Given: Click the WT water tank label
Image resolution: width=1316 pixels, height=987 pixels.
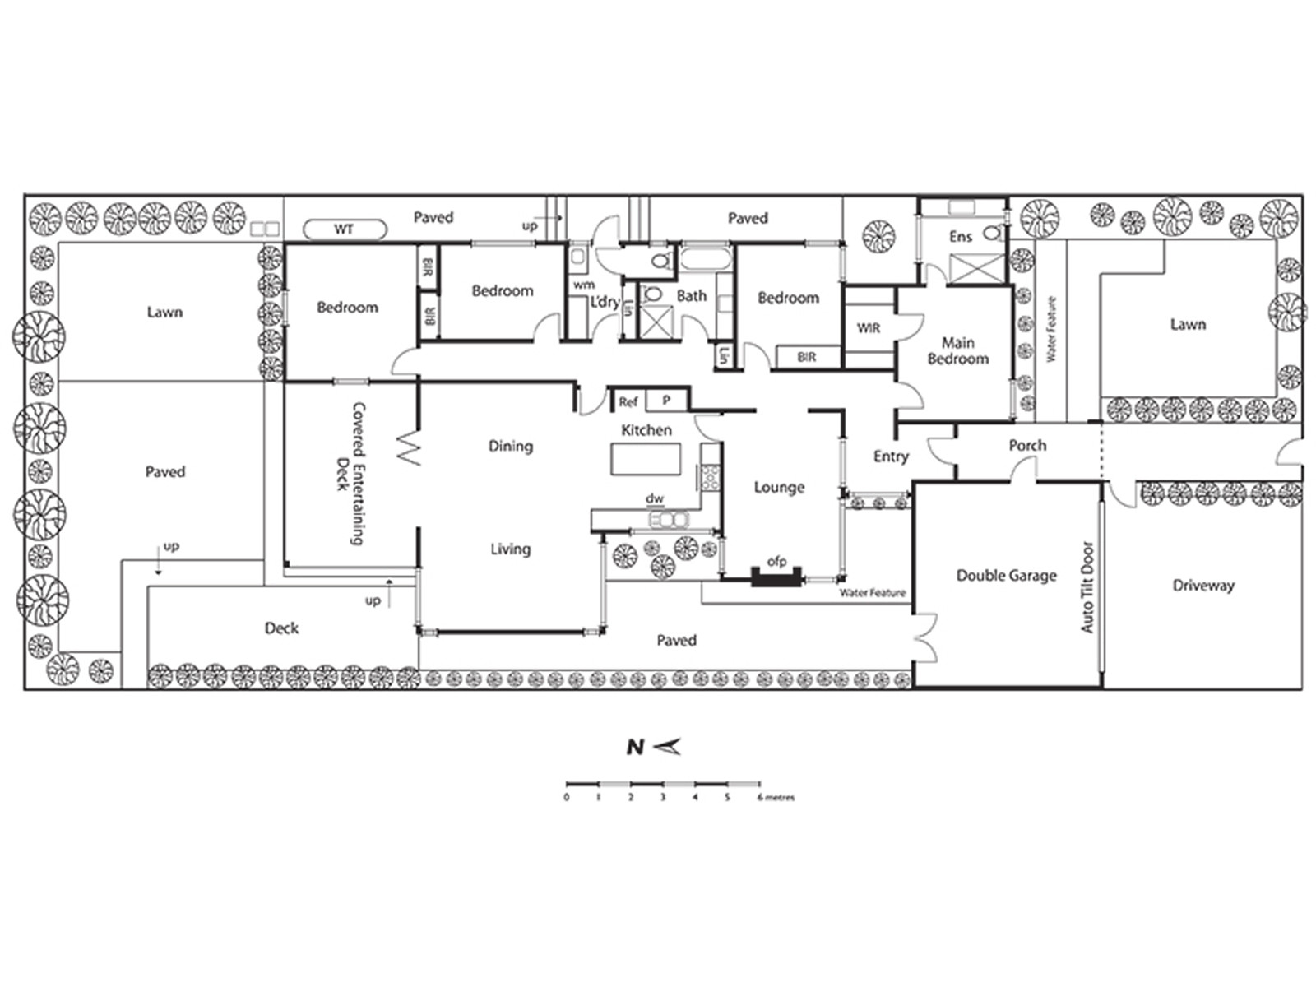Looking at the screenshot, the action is point(344,229).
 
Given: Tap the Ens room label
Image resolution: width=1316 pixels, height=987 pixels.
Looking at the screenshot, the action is point(961,237).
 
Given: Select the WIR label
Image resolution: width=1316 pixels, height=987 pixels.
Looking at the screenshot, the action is point(869,328).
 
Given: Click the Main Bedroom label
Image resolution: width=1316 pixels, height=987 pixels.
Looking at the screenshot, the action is point(958,350).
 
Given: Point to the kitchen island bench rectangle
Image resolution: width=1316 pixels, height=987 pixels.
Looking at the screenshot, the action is point(646,459).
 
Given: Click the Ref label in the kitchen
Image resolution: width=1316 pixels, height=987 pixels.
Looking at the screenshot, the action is point(628,402).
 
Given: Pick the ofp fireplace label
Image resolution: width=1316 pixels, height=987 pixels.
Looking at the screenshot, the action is point(776,561).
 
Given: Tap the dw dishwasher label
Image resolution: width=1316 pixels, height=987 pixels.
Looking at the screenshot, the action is point(655,498).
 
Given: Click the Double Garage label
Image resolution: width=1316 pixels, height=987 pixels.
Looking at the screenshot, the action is point(1006,576).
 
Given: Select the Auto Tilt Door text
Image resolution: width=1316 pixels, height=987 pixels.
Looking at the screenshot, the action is point(1087,587).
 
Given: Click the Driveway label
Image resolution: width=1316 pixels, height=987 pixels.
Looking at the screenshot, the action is point(1203,586).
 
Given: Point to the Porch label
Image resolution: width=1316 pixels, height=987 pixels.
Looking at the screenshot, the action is point(1027,445).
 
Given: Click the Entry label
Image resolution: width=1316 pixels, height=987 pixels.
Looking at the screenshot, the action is point(891,456).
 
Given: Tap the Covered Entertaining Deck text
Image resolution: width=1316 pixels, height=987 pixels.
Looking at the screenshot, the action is point(350,474).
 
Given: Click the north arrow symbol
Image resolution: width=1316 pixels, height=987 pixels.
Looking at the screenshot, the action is point(667,747).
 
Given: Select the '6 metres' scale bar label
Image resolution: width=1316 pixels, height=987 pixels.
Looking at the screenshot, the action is point(776,798).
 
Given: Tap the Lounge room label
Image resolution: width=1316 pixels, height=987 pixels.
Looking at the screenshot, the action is point(779,487).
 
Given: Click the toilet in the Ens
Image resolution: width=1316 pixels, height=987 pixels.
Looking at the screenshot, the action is point(992,232).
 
